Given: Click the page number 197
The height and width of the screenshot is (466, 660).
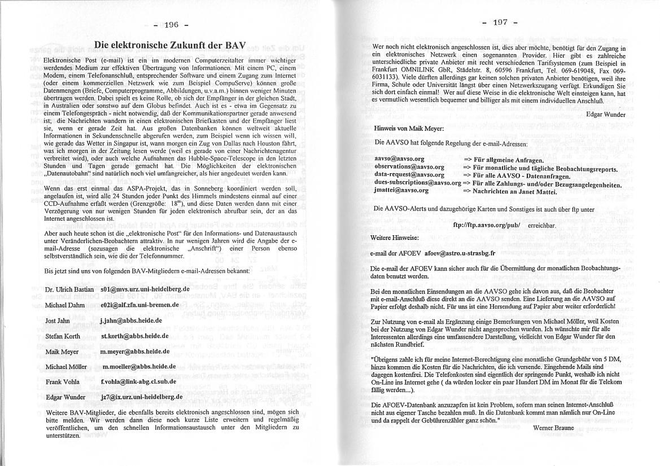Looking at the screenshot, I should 500,23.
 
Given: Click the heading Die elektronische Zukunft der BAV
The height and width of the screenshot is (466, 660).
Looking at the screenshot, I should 170,45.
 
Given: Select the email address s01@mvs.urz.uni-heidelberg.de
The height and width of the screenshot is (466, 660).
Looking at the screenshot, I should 145,289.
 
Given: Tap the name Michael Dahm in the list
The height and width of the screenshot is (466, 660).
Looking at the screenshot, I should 65,305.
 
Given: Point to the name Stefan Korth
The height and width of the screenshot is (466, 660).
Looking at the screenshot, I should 63,336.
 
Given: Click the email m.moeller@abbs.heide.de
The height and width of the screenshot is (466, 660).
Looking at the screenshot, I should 139,366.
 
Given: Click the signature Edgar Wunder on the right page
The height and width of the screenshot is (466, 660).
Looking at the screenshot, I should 606,113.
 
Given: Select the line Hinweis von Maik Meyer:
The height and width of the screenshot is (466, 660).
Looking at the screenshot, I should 409,128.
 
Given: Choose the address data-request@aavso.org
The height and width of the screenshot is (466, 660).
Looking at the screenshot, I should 409,175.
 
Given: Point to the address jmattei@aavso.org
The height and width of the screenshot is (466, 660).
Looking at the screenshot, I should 401,191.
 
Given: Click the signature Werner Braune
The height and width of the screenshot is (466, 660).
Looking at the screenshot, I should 553,428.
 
